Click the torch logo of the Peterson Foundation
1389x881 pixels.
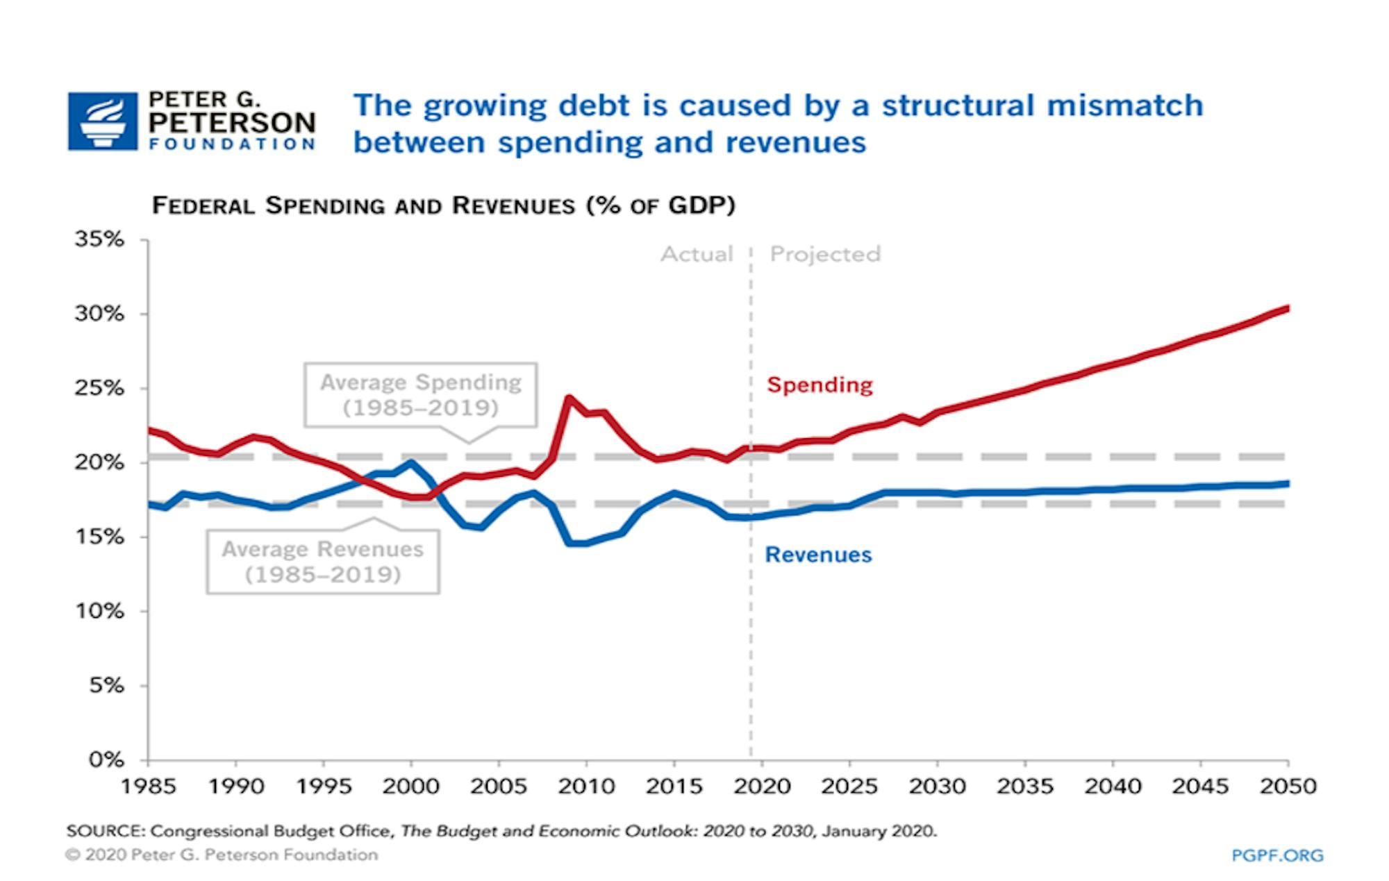(x=103, y=121)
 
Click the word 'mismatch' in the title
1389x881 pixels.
(x=1124, y=106)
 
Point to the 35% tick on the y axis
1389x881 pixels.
(x=99, y=240)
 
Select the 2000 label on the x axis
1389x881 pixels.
(x=410, y=787)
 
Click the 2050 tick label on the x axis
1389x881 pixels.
(x=1288, y=787)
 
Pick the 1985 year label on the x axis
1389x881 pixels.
(x=148, y=787)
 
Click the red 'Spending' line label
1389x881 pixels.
(x=820, y=385)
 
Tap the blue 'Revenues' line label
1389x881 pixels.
(x=818, y=555)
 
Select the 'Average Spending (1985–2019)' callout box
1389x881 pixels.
(x=421, y=395)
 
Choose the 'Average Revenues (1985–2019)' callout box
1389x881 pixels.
(x=323, y=562)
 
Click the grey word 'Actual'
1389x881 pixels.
(x=697, y=254)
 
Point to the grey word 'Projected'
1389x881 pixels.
(x=825, y=254)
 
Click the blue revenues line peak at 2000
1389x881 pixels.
(x=411, y=462)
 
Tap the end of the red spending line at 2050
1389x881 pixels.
(x=1287, y=308)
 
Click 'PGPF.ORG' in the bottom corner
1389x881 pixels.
(x=1277, y=855)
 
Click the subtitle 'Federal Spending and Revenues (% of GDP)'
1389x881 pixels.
(x=443, y=206)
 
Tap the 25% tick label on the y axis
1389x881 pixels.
(x=99, y=388)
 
